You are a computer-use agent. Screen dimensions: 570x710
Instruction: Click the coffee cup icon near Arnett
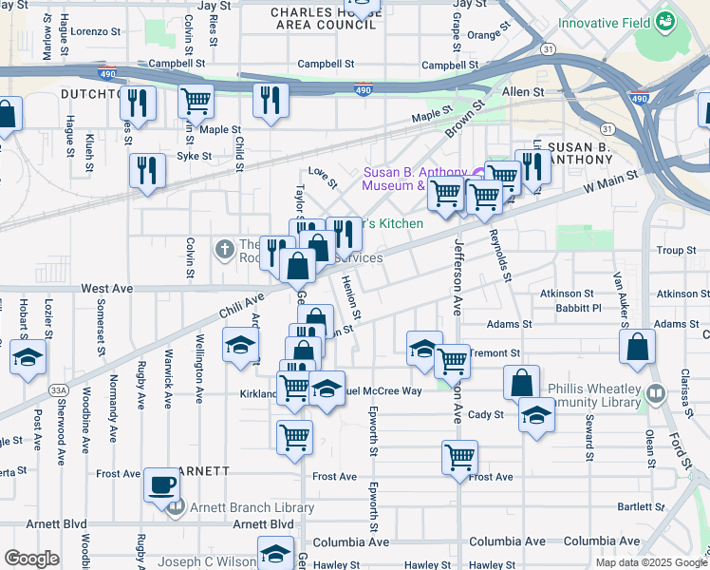pos(160,485)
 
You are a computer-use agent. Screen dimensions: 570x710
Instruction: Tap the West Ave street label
pos(106,287)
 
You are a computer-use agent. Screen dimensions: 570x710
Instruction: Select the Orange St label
pos(483,35)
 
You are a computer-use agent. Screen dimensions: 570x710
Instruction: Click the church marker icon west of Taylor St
pos(224,250)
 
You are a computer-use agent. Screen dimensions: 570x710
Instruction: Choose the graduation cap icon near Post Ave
pos(28,358)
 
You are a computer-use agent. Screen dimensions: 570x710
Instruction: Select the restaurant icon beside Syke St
pos(147,170)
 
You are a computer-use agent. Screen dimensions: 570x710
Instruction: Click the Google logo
pos(32,559)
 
